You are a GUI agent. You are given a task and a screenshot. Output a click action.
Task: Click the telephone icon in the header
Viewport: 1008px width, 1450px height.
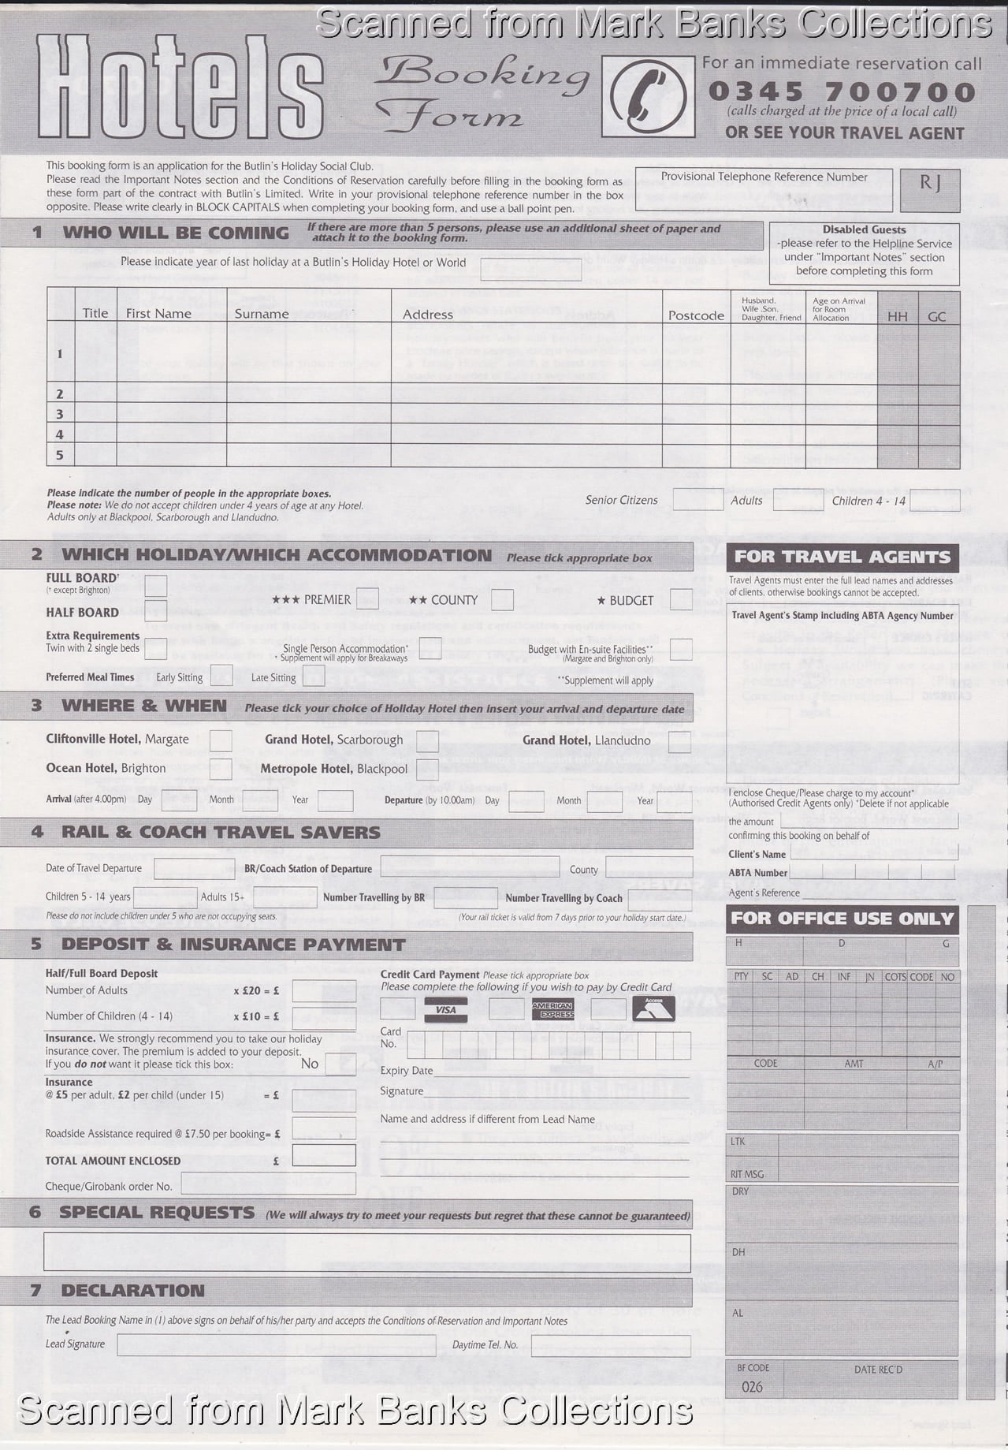(648, 96)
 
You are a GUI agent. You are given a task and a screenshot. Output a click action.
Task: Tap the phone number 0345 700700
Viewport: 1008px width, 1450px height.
(842, 91)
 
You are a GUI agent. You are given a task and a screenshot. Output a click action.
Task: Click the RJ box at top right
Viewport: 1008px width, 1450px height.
(930, 189)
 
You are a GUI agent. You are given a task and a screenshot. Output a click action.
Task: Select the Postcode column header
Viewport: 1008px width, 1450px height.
(696, 315)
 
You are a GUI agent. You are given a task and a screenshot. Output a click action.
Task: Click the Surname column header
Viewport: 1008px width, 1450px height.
(262, 314)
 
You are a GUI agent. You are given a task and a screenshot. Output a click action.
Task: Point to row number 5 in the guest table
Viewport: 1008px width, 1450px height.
(59, 455)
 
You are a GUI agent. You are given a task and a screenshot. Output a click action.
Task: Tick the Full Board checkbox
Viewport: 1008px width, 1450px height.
(156, 586)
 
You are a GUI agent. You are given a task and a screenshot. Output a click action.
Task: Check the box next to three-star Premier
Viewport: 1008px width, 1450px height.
(367, 598)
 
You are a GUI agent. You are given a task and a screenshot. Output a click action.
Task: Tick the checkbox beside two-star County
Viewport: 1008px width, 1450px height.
(502, 600)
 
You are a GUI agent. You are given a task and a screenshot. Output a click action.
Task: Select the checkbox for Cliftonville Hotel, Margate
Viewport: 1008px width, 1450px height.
(221, 740)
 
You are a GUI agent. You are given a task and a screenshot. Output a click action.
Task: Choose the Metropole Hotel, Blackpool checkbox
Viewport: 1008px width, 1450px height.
(427, 769)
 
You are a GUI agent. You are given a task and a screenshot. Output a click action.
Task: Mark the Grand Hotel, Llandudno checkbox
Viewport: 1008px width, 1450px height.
(679, 741)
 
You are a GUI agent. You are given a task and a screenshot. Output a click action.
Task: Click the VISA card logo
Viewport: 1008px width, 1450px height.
(446, 1009)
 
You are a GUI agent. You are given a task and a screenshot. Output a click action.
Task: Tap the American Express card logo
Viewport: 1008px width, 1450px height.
(552, 1009)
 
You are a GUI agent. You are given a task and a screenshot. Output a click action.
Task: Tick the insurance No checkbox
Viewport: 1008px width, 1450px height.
(340, 1064)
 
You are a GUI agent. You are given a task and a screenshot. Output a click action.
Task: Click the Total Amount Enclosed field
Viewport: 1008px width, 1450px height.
(324, 1155)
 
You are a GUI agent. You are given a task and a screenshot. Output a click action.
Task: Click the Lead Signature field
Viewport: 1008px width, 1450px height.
(276, 1344)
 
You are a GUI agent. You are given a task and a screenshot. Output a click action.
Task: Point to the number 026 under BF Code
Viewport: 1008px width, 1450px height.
(752, 1387)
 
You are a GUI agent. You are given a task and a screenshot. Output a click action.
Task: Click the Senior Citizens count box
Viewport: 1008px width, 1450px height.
(697, 499)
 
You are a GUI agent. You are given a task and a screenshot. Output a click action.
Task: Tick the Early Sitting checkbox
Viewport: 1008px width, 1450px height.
(221, 676)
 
